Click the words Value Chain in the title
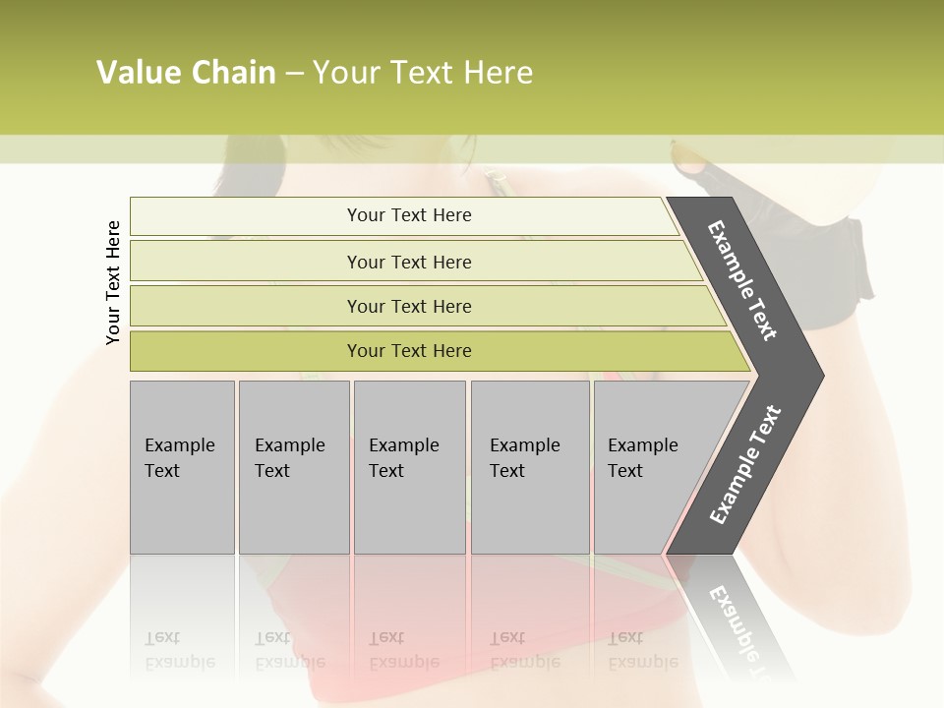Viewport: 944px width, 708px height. click(x=186, y=73)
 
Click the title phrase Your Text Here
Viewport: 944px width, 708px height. click(x=423, y=73)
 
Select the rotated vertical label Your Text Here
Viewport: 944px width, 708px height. click(x=113, y=282)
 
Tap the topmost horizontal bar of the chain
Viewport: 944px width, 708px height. click(x=408, y=215)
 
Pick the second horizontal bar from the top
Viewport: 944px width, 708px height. click(x=408, y=262)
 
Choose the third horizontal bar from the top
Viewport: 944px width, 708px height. click(x=408, y=306)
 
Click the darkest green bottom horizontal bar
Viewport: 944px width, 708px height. click(x=408, y=351)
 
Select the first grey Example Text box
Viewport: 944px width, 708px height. click(x=182, y=467)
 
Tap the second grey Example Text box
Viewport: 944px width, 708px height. click(x=293, y=467)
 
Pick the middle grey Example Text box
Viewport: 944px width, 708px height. click(x=409, y=467)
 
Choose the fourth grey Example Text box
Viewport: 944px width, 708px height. click(x=529, y=467)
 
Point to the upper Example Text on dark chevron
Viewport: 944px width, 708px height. click(x=742, y=280)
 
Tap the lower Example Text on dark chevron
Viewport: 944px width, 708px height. click(x=745, y=465)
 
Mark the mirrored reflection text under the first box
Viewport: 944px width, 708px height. click(x=180, y=650)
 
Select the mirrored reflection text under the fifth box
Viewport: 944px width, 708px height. click(x=643, y=650)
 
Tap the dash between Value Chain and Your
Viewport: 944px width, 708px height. click(x=294, y=74)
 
